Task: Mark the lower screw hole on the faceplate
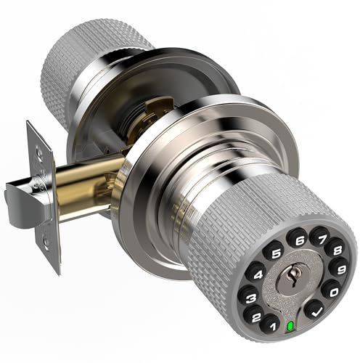pos(49,245)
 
